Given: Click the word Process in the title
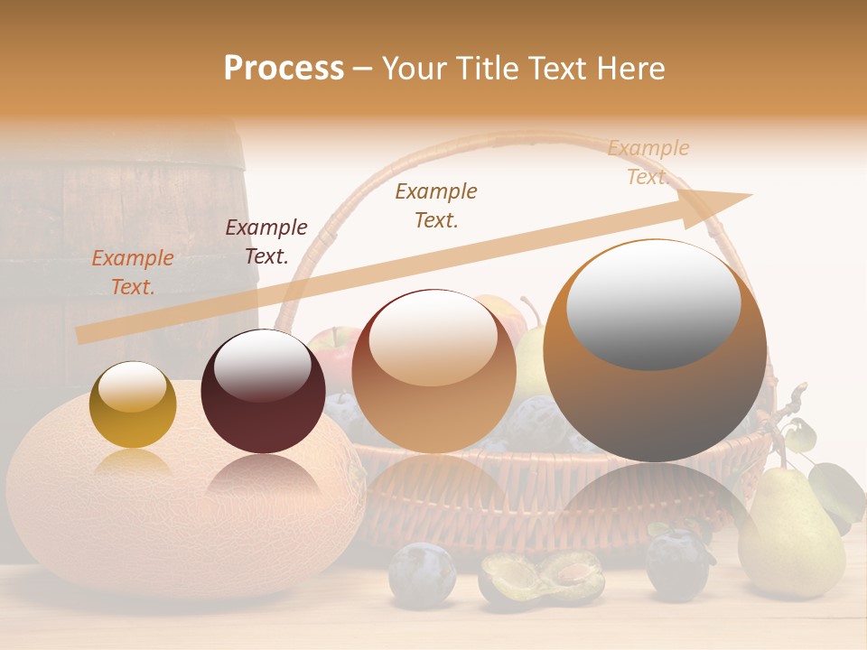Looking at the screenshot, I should click(284, 69).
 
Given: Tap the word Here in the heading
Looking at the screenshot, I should click(629, 69).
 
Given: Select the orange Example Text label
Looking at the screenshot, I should click(133, 273).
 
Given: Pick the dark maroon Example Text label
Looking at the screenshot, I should click(266, 242).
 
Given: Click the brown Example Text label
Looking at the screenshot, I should click(436, 206).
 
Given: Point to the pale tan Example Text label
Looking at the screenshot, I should click(648, 162).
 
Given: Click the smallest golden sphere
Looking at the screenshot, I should click(133, 405).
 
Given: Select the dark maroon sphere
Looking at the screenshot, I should click(263, 392).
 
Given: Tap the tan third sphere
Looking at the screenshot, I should click(433, 371).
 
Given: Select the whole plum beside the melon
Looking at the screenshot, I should click(422, 573).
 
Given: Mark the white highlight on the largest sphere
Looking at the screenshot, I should click(653, 304).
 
